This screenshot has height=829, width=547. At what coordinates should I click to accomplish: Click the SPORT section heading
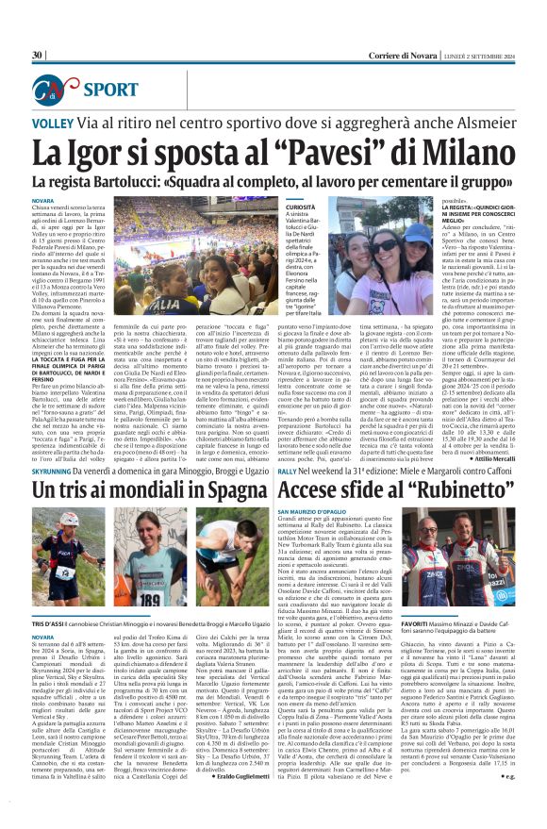tap(111, 91)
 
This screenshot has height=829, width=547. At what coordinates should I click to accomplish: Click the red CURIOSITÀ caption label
tap(303, 206)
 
